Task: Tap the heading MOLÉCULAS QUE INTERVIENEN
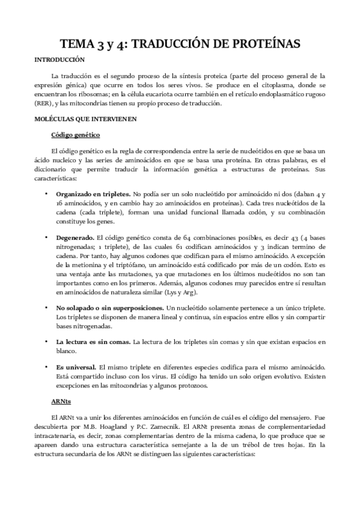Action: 86,119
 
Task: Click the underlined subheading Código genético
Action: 75,135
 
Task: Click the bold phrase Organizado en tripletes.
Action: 93,194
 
